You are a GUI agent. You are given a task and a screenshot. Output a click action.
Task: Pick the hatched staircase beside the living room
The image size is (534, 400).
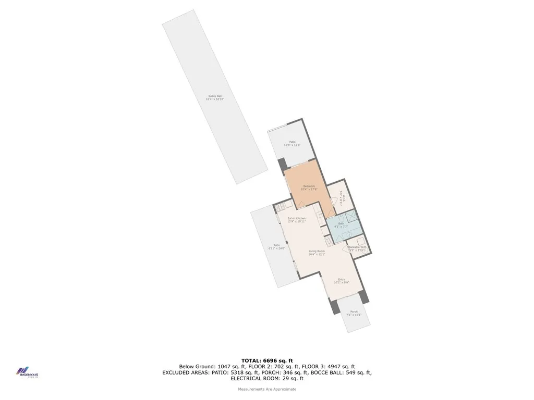327,242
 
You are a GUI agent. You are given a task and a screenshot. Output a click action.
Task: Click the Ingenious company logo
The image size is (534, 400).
26,372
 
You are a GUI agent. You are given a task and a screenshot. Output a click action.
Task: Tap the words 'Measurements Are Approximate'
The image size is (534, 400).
267,389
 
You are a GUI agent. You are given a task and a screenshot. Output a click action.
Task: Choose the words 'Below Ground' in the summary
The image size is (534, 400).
196,366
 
